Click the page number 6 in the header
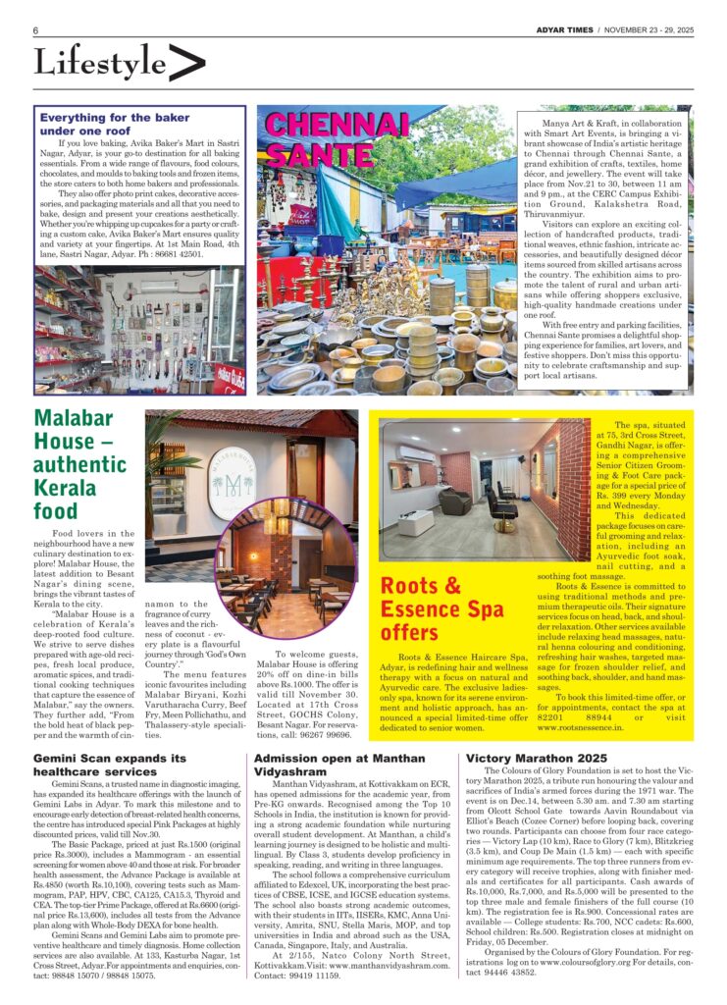tap(35, 30)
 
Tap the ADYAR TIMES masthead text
tap(563, 30)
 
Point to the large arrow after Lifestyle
tap(186, 63)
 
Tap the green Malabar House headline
tap(80, 464)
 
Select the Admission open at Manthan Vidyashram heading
tap(345, 766)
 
